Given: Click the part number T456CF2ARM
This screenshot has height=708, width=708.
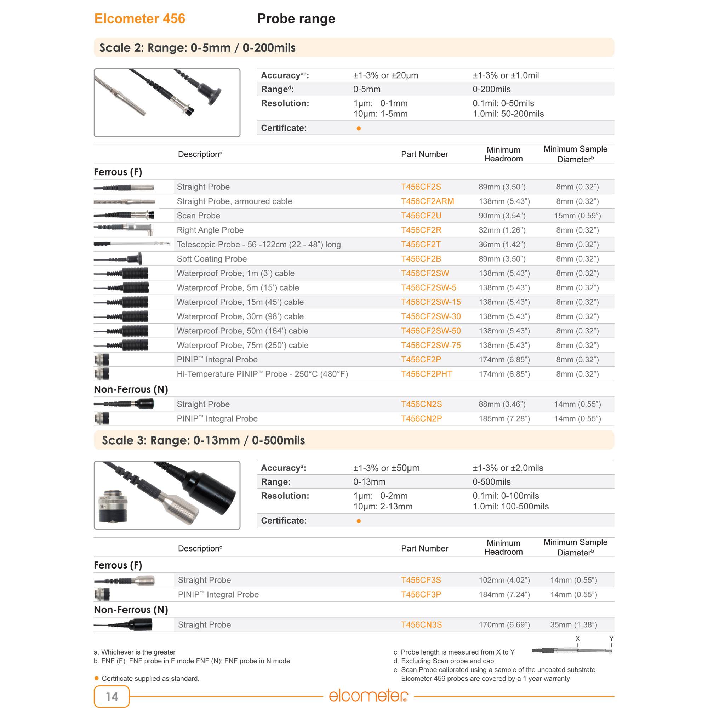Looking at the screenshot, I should [x=427, y=201].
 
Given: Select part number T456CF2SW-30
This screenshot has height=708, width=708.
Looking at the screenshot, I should [x=430, y=316].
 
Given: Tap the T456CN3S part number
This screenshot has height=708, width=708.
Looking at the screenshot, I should [x=421, y=624].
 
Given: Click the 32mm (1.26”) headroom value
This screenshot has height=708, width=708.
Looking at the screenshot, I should [x=502, y=230].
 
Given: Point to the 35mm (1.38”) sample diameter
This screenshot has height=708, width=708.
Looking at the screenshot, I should [x=573, y=624].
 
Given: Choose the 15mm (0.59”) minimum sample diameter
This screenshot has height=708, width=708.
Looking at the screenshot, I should [x=577, y=216].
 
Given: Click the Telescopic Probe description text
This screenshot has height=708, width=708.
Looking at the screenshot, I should [x=258, y=244].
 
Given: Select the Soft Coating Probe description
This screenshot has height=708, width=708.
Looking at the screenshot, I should [x=211, y=259].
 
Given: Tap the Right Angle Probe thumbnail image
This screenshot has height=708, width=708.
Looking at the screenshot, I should [x=124, y=229].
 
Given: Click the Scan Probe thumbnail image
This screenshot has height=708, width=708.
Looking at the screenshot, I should [x=124, y=215].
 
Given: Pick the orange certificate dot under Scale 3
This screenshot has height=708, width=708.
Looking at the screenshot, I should [x=358, y=521].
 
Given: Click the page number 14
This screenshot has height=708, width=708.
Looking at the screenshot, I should [x=112, y=696].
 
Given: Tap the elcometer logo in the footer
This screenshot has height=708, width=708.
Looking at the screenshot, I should [x=368, y=695].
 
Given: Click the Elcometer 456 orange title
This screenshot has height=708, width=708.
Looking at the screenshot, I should [x=139, y=19].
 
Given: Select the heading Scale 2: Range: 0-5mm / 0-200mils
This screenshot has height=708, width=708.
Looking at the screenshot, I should [x=197, y=48].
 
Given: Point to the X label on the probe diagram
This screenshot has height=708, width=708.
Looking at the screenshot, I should [x=577, y=639].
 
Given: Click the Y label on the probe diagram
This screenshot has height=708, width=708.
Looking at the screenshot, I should [x=611, y=639].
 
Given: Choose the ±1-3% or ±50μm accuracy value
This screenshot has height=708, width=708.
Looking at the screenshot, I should [x=386, y=468].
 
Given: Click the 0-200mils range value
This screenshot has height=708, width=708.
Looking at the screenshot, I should [x=491, y=89].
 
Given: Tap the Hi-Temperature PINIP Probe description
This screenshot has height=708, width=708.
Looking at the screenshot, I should [x=262, y=374].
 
